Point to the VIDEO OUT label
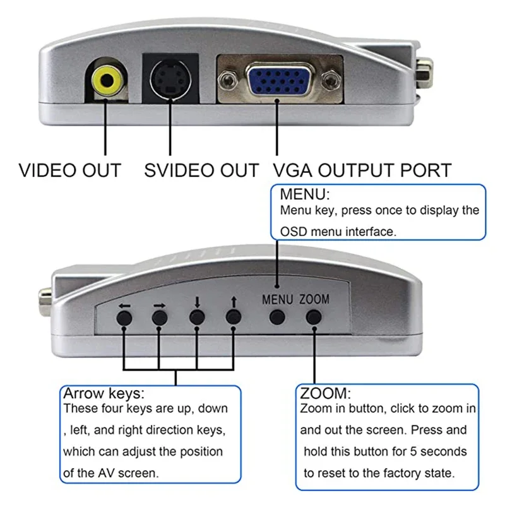69,170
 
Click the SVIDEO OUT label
201,170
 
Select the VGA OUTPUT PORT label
362,170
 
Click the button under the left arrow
124,318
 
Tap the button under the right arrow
160,318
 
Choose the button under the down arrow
198,317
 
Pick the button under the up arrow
234,317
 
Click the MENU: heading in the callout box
306,194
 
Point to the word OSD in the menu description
294,232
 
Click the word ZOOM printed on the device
314,300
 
